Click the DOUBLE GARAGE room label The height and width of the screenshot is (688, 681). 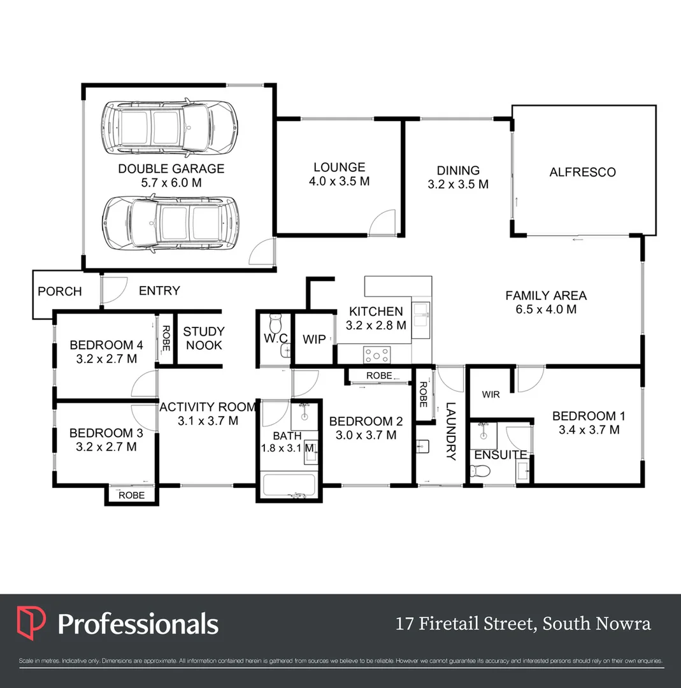click(171, 169)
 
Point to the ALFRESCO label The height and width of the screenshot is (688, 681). click(582, 172)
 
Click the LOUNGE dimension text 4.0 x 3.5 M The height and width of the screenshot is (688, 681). click(339, 181)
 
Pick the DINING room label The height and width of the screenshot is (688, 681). click(458, 170)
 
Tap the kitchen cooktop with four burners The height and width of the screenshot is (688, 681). click(377, 354)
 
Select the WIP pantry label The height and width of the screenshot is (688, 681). click(314, 339)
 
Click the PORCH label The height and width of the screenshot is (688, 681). click(60, 292)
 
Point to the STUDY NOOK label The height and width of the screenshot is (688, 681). click(204, 338)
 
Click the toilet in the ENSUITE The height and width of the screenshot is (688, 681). click(480, 471)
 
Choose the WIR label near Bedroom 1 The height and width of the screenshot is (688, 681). click(491, 395)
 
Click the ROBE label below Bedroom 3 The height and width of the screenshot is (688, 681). click(132, 495)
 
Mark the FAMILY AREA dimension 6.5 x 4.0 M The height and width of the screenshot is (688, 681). click(545, 310)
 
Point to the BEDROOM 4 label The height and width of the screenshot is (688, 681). click(106, 345)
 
